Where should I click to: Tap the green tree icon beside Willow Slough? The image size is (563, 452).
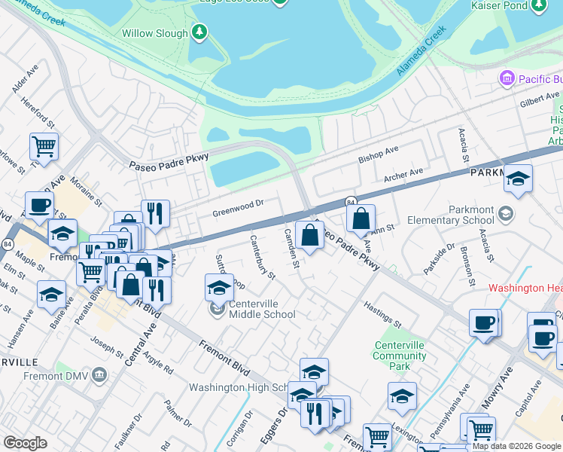click(x=199, y=32)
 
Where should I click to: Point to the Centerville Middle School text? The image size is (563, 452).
click(x=262, y=309)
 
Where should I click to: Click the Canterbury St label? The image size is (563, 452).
click(x=263, y=256)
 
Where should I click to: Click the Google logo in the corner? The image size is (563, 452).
click(x=25, y=443)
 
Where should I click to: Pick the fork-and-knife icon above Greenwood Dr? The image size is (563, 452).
click(x=155, y=212)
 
